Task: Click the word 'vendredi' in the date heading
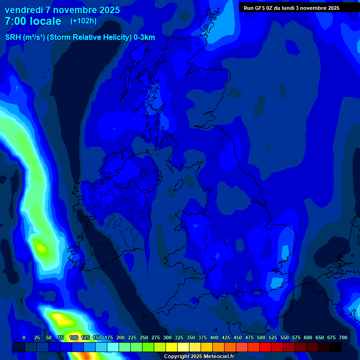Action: click(23, 10)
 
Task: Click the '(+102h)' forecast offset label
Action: click(83, 21)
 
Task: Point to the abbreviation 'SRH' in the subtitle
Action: click(13, 37)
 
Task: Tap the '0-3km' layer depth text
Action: click(144, 37)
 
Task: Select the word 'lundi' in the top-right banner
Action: click(291, 8)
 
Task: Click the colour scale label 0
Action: click(24, 337)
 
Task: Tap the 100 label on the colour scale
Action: click(73, 337)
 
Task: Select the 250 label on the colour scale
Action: click(143, 337)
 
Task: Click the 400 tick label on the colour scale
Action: click(214, 337)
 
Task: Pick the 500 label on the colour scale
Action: click(261, 337)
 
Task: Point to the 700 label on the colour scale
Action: click(343, 337)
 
